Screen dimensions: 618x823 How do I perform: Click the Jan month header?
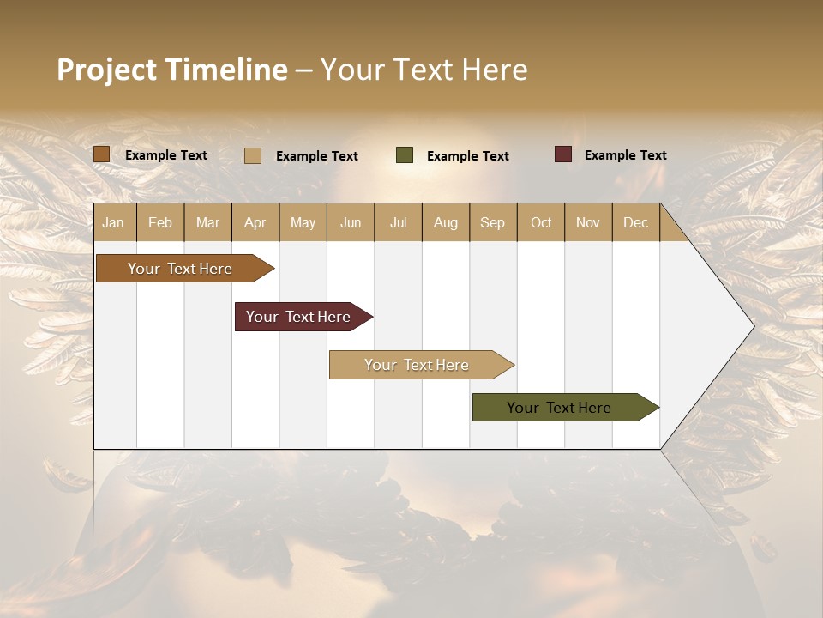(x=114, y=222)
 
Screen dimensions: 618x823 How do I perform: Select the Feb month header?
(x=160, y=222)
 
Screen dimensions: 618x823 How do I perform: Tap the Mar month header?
(x=207, y=222)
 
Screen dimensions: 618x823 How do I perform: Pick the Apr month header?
(x=255, y=222)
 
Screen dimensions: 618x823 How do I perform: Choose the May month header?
(x=303, y=222)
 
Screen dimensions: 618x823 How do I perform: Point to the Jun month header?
(x=351, y=222)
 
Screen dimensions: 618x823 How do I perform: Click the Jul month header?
(x=398, y=222)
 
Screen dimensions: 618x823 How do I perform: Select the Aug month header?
(x=446, y=222)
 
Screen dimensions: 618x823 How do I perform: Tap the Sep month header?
(x=493, y=222)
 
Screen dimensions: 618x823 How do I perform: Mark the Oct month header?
(x=541, y=222)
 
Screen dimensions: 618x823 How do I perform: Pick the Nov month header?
(x=588, y=222)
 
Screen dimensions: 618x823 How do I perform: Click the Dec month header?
(x=636, y=222)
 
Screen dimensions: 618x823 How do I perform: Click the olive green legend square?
(x=405, y=155)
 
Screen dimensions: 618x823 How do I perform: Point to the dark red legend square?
(x=563, y=154)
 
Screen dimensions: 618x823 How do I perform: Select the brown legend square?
(x=101, y=154)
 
